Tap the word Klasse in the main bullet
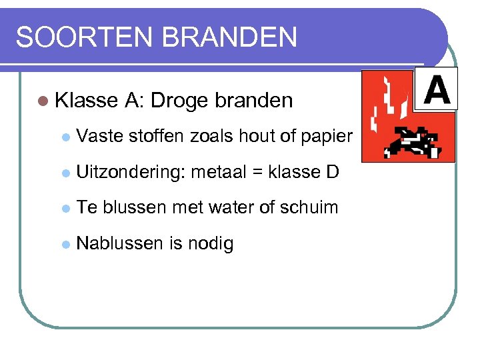click(x=85, y=101)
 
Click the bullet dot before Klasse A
click(x=43, y=101)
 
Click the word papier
click(x=325, y=137)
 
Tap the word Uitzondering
click(x=131, y=173)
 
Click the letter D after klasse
click(x=332, y=173)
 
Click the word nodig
click(x=211, y=244)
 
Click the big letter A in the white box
click(x=437, y=90)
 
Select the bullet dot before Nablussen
click(x=65, y=244)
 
